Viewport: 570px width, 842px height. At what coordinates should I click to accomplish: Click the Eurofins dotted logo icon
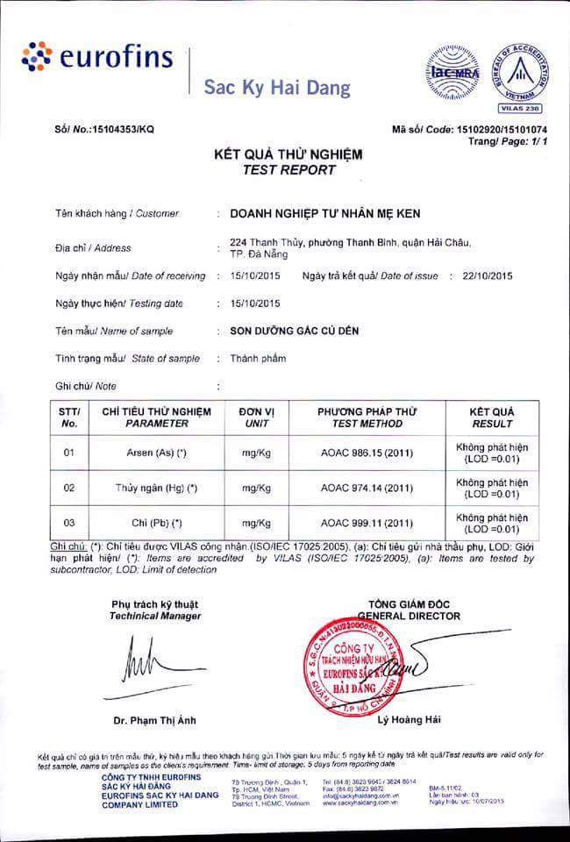37,58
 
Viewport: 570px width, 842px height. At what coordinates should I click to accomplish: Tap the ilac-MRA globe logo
454,70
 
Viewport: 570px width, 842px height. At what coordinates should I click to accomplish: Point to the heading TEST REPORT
289,169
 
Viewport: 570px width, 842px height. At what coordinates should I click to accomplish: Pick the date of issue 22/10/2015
480,275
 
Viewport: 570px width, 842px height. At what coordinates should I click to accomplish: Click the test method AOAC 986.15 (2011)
367,453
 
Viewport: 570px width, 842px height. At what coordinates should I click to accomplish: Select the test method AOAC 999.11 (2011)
367,523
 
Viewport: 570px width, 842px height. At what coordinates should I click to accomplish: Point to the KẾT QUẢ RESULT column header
492,417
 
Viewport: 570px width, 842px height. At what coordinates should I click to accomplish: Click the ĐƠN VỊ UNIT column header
257,417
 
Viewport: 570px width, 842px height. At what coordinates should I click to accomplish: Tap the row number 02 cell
69,488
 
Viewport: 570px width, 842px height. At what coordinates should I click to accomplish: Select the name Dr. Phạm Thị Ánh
154,721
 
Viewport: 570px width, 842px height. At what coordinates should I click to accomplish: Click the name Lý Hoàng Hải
409,721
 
